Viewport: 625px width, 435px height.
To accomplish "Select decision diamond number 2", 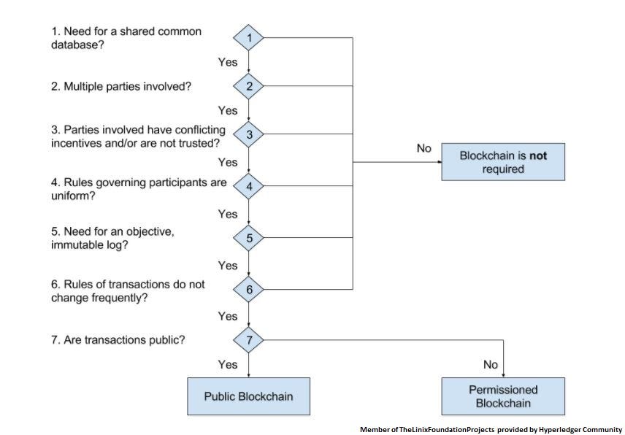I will (249, 86).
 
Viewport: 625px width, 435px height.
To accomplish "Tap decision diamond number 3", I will (249, 135).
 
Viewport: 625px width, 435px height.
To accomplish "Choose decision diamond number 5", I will (249, 238).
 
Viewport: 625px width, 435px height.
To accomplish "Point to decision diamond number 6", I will (249, 290).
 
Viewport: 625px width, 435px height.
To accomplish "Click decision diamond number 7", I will (249, 339).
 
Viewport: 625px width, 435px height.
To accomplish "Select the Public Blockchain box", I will (248, 396).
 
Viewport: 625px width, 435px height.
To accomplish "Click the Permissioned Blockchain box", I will (503, 396).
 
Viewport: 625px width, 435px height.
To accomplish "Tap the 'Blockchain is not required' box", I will (503, 162).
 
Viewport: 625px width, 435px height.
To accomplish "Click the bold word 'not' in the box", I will (538, 155).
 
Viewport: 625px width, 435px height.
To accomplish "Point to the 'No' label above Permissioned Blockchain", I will (490, 364).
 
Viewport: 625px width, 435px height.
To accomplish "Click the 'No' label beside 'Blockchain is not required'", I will (424, 148).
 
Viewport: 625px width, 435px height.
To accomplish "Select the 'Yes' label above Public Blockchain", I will (228, 364).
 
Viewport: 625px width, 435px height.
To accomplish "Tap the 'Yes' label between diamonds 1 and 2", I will (228, 62).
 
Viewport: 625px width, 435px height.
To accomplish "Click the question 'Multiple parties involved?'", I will (121, 86).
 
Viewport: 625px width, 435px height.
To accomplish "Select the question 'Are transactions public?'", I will (118, 339).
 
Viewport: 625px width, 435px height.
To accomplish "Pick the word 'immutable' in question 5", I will (77, 246).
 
